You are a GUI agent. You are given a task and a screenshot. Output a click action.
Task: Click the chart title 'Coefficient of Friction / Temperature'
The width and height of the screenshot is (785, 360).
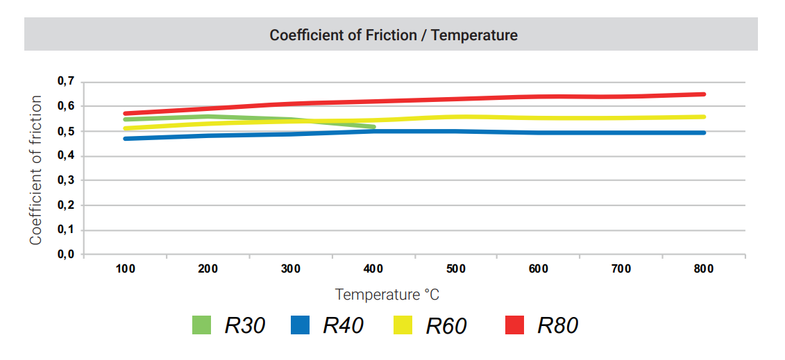394,35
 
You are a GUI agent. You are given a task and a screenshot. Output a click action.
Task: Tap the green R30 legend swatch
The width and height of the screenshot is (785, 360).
201,325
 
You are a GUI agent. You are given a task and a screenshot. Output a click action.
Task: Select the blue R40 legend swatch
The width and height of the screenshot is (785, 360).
300,325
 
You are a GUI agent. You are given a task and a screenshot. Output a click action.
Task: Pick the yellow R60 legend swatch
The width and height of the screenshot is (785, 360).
403,325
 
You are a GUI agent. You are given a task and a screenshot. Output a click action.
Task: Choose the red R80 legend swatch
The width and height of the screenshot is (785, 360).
514,325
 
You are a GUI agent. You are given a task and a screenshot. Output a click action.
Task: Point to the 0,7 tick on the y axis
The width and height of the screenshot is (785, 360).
65,82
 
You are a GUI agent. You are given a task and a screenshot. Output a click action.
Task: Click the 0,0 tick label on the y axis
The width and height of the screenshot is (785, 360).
65,255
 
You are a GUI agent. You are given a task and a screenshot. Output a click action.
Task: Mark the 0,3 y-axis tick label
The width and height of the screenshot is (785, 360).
65,180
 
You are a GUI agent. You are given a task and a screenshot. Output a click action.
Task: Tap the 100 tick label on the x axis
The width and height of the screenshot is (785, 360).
125,269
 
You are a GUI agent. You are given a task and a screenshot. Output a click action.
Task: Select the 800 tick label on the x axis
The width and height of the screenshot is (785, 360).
703,269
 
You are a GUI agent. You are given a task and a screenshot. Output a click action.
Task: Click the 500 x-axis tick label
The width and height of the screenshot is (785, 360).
455,269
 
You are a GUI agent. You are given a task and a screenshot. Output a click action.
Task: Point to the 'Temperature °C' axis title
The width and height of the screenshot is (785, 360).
387,295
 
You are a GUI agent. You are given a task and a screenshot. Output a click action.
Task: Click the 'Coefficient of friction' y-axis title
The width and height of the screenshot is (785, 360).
36,170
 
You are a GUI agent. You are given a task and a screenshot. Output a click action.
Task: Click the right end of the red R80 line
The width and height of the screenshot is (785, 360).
704,94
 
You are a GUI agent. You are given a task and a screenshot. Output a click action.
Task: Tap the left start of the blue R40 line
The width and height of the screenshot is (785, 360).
126,139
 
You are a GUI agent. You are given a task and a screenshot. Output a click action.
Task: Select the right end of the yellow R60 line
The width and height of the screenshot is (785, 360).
704,117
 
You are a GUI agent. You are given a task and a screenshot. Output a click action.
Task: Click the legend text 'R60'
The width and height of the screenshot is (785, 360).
446,325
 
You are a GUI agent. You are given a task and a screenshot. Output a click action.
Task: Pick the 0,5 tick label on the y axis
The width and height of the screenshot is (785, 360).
65,131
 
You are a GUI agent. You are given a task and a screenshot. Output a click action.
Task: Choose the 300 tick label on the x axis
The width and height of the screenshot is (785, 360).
290,269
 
